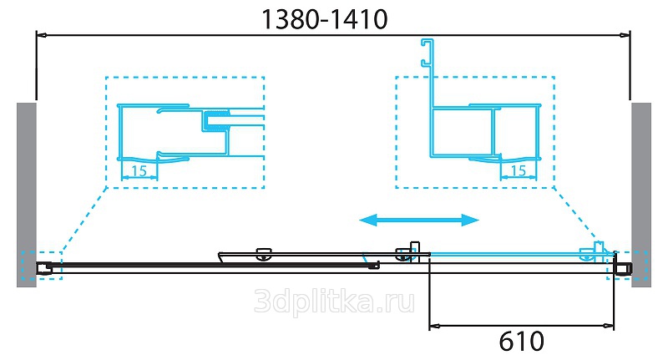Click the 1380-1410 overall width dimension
tap(325, 19)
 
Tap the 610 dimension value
tap(521, 341)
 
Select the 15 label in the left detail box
tap(139, 171)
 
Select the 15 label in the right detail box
tap(518, 170)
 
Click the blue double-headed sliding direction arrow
tap(419, 221)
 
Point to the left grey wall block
tap(27, 195)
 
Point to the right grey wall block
tap(641, 195)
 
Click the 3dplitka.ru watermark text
tap(335, 302)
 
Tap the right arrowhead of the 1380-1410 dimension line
tap(625, 35)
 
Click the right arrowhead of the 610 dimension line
tap(609, 327)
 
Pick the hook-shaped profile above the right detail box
tap(428, 73)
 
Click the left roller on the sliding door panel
tap(264, 254)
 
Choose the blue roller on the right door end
tap(588, 254)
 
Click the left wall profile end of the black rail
tap(44, 267)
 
